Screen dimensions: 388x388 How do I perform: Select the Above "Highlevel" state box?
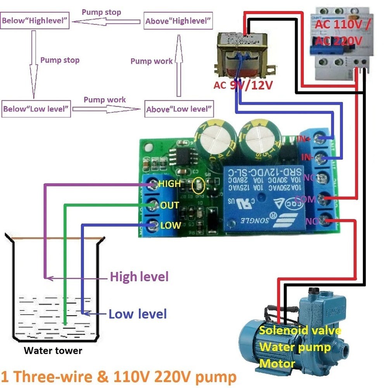point(178,21)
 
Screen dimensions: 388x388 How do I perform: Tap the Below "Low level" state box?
point(36,109)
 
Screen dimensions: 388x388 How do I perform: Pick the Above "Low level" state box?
point(179,109)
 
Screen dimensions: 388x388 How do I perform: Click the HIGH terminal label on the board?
point(170,184)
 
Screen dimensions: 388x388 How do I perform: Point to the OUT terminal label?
point(170,205)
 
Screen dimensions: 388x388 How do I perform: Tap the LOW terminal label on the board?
point(170,225)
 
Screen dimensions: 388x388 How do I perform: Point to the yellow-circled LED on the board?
point(197,186)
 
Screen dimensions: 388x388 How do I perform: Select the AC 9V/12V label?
point(244,85)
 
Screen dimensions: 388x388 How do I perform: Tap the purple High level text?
point(139,277)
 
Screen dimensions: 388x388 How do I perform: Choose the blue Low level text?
point(138,314)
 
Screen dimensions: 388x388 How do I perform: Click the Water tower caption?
point(53,351)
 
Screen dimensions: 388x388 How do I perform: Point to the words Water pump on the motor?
point(295,346)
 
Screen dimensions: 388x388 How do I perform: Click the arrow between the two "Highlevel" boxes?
point(107,22)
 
